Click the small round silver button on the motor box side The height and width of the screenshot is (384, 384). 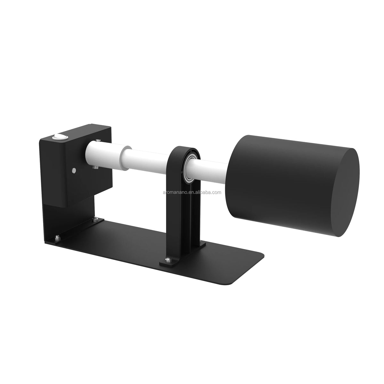(x=74, y=170)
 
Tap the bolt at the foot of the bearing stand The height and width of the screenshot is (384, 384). (x=168, y=260)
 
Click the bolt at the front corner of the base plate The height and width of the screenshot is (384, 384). (x=57, y=237)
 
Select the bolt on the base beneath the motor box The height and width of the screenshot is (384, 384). (x=96, y=219)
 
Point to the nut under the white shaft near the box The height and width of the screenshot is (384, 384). (x=96, y=167)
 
